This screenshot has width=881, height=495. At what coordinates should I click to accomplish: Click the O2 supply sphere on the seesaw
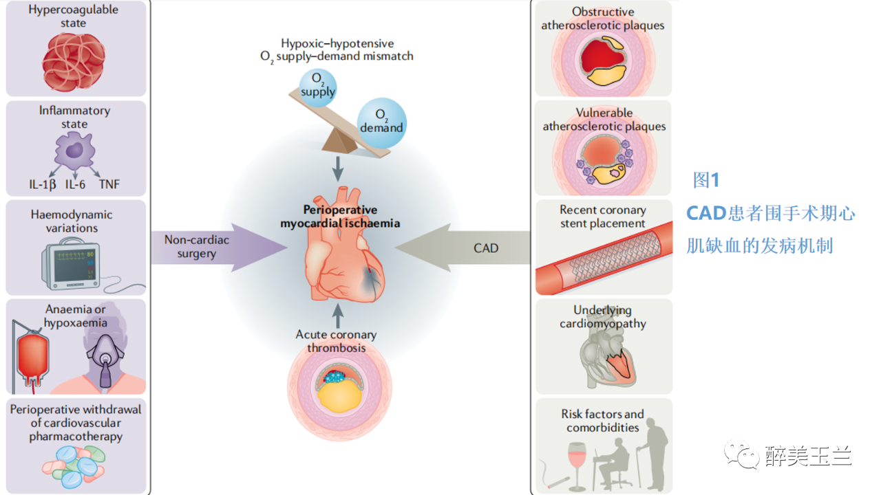318,87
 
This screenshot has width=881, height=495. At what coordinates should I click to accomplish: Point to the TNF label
109,184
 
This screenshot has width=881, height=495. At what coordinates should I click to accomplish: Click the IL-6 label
76,184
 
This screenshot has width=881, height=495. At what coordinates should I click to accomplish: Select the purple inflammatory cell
74,152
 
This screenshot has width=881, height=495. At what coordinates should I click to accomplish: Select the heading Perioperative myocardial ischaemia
340,217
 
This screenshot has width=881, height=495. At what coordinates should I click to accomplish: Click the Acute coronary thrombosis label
336,341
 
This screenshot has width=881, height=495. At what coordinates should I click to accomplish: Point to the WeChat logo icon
739,454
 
